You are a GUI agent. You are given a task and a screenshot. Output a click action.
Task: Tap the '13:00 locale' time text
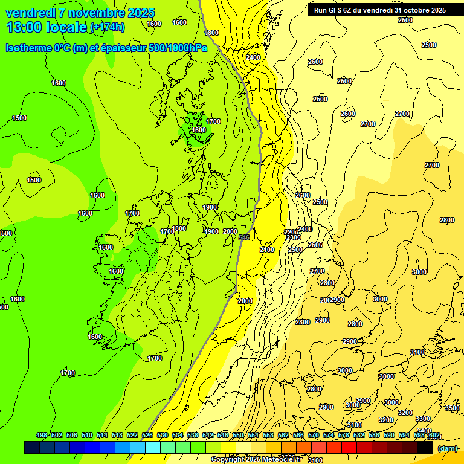[x=46, y=27]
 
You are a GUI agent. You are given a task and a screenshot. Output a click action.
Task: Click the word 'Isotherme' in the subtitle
[x=30, y=48]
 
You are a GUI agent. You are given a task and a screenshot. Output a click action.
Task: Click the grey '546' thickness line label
[x=244, y=237]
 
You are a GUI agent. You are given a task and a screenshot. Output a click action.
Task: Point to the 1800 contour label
[x=212, y=33]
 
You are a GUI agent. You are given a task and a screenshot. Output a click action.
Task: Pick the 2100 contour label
[x=267, y=250]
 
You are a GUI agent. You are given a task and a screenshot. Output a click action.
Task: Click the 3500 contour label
[x=453, y=408]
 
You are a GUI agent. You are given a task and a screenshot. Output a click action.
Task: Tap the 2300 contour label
[x=294, y=237]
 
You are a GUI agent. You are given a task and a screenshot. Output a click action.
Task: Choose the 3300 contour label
[x=423, y=419]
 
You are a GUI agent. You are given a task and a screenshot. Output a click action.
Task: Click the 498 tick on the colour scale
[x=42, y=435]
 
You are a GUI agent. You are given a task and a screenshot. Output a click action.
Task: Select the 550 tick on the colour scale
[x=238, y=435]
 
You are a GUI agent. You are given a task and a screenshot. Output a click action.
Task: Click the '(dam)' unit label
[x=448, y=448]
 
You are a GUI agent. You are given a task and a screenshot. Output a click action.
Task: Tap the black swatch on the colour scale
[x=425, y=448]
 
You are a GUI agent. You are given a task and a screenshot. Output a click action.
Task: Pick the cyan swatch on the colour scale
[x=153, y=448]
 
